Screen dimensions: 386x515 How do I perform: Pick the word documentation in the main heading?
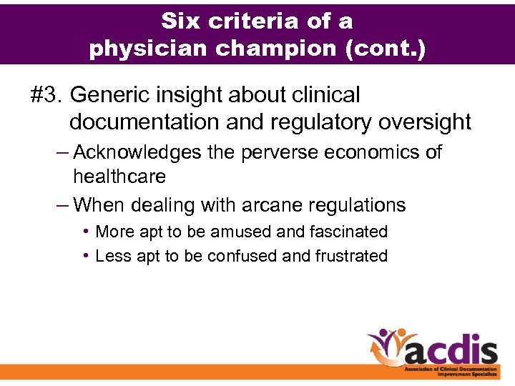click(144, 122)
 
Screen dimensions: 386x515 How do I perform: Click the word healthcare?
click(119, 177)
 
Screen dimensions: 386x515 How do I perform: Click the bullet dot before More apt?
click(85, 232)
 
